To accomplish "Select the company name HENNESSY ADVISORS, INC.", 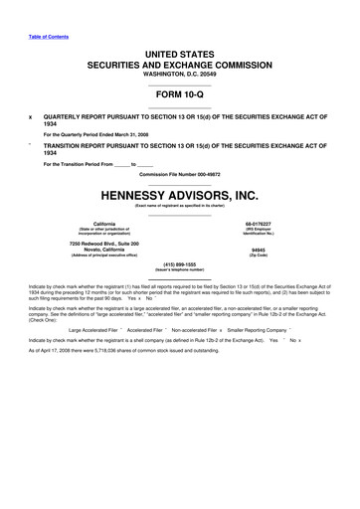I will click(179, 195).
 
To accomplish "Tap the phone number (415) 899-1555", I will click(179, 264).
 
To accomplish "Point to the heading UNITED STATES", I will click(179, 52).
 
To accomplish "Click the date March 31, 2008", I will click(122, 133).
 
